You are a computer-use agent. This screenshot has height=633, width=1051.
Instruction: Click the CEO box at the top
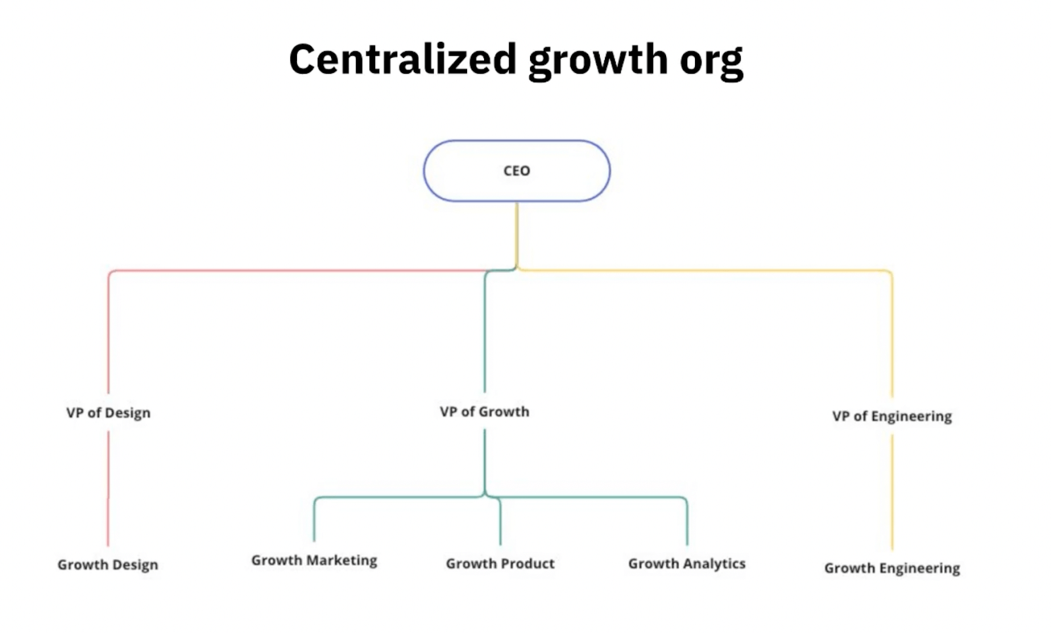pos(516,171)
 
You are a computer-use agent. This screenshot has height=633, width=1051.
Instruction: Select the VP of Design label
pos(108,413)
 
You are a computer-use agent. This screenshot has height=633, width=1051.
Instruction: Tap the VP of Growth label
pos(485,412)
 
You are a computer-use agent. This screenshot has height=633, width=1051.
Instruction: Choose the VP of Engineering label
pos(891,416)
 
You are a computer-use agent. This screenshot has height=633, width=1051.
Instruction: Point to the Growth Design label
pos(108,565)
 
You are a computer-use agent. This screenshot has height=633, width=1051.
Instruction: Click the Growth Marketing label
pos(314,560)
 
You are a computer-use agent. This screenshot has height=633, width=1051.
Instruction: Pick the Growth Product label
pos(500,563)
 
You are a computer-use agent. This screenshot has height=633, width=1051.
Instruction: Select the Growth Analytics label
pos(686,563)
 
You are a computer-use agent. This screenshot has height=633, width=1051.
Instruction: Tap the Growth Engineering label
pos(892,568)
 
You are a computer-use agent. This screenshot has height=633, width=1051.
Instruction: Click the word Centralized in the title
pos(403,59)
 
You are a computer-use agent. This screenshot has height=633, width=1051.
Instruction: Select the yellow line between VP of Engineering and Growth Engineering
pos(892,492)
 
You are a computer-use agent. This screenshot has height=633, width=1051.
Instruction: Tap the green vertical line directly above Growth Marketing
pos(314,522)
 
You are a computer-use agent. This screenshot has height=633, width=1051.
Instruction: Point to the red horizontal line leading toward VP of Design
pos(296,271)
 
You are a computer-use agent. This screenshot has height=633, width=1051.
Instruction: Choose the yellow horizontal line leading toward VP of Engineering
pos(703,271)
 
